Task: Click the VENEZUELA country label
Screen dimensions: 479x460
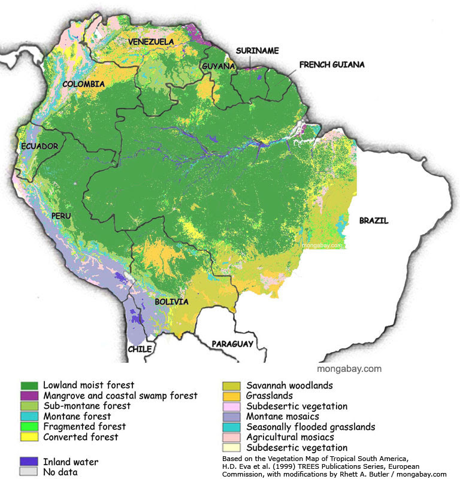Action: point(151,41)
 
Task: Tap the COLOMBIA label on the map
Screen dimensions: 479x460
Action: point(84,84)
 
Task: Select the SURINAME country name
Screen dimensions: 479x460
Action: point(257,51)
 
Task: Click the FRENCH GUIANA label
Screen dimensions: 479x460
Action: point(332,65)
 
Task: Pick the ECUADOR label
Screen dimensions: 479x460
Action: point(39,146)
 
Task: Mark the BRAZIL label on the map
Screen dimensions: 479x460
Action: point(374,220)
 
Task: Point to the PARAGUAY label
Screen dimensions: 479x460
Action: point(232,344)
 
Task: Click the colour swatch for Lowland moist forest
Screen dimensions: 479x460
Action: point(29,386)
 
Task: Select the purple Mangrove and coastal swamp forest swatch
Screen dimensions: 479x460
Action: point(29,396)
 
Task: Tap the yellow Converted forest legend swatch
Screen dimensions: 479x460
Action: point(29,437)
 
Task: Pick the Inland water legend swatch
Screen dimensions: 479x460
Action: point(29,462)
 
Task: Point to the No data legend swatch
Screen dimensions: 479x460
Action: point(29,472)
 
